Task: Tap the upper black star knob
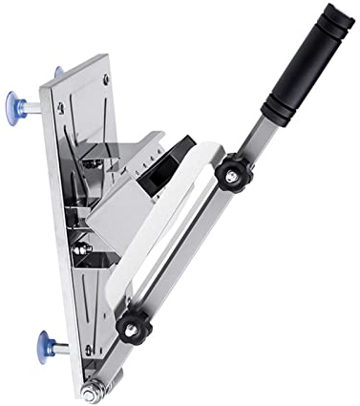point(229,174)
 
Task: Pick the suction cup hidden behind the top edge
point(59,71)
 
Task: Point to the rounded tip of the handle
point(335,13)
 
